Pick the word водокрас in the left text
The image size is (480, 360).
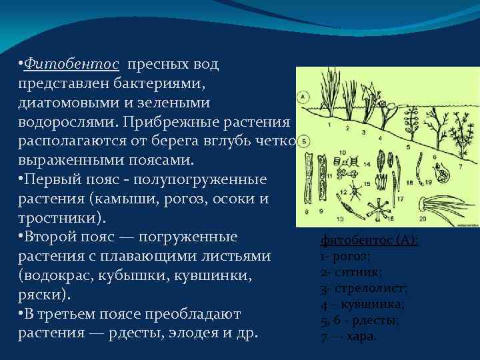coord(57,276)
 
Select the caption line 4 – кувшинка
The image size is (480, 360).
coord(362,304)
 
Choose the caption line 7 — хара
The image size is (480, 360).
coord(348,336)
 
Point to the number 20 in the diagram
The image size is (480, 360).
coord(422,218)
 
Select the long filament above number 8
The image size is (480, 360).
coord(307,180)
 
